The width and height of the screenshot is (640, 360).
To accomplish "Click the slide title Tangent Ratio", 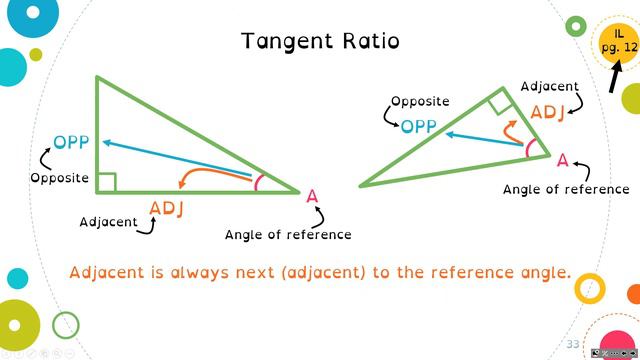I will (320, 41).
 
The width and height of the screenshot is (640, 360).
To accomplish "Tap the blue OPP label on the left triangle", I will (71, 142).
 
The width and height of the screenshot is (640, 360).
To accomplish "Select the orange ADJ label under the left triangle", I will (167, 209).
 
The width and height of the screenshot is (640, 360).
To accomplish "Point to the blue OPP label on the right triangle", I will (419, 126).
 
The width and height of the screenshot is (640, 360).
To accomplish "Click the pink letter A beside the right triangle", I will (563, 160).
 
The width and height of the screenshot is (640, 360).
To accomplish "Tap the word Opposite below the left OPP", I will (60, 179).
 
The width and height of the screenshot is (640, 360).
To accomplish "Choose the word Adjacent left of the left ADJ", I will (108, 222).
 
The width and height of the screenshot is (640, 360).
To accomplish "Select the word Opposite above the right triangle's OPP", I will (420, 101).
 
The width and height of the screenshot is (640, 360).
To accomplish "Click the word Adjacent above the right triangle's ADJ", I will (549, 87).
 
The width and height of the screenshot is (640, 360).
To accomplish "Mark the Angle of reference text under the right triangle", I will (566, 189).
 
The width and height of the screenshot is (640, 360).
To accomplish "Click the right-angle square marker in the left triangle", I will (106, 181).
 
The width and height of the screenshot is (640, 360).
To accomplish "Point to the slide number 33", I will (573, 344).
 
